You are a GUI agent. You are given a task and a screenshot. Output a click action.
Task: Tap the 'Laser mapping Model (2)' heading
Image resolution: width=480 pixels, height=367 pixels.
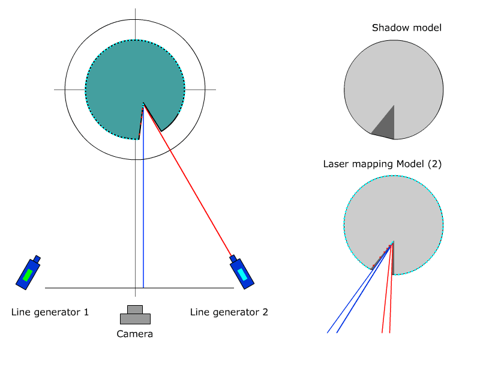click(x=382, y=164)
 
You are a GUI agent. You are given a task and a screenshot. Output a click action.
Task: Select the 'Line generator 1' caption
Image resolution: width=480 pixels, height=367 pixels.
click(x=50, y=312)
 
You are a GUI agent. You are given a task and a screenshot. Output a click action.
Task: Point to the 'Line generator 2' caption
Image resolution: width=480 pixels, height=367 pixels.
click(x=229, y=312)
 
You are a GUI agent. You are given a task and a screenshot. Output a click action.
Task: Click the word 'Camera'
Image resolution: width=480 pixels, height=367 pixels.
click(x=134, y=334)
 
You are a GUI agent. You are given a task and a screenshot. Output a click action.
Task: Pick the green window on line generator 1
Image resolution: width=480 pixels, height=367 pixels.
click(x=28, y=275)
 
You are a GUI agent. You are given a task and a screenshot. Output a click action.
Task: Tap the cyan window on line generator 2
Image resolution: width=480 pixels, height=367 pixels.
click(x=242, y=274)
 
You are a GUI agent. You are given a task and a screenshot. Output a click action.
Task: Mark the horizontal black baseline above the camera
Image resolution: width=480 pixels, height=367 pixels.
click(x=90, y=288)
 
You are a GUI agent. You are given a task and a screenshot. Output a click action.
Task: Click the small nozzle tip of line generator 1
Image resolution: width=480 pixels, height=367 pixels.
click(x=37, y=259)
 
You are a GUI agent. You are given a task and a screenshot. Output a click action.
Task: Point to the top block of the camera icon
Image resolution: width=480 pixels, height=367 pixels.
click(x=135, y=310)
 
